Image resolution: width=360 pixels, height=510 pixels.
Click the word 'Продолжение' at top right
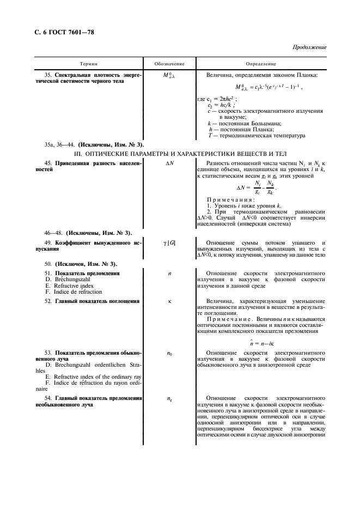[309, 47]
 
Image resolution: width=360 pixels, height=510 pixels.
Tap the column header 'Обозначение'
[169, 64]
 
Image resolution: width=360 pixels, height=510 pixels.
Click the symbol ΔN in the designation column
[169, 165]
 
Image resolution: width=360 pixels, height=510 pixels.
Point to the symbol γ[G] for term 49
[169, 242]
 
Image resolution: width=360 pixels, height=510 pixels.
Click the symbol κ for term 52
[169, 301]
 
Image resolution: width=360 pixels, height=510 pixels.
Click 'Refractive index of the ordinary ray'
[94, 377]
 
